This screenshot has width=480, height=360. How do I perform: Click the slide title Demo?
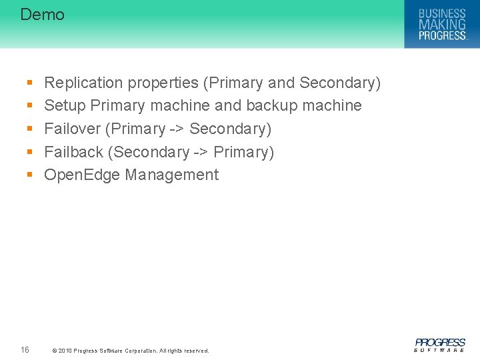point(42,15)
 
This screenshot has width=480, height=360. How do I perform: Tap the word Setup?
point(65,105)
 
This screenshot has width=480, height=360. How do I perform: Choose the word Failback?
point(74,152)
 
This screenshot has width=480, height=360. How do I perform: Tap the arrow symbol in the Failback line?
point(202,152)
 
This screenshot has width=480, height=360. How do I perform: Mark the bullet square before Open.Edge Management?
point(29,175)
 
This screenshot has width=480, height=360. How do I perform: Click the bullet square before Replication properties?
point(29,83)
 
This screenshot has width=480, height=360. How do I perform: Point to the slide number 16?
point(25,349)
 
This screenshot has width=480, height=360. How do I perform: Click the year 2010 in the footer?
point(65,351)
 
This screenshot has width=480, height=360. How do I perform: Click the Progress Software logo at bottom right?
point(440,345)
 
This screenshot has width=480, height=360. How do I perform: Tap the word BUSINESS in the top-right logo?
point(442,13)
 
